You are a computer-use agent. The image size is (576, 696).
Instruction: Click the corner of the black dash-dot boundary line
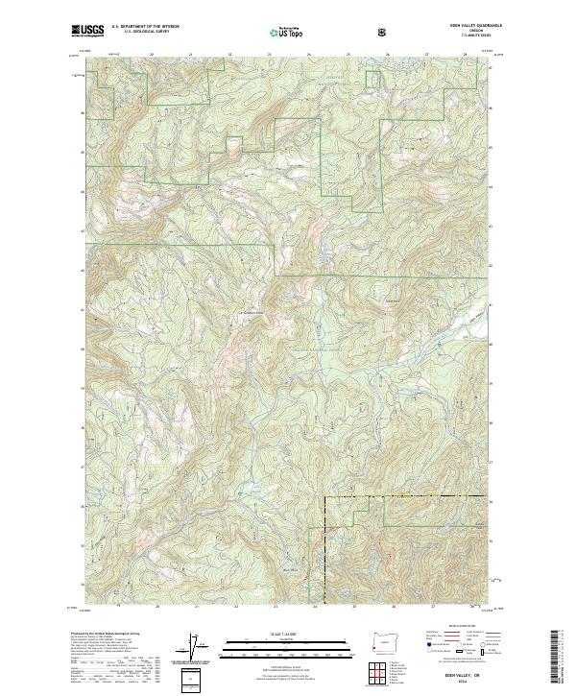(x=325, y=497)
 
